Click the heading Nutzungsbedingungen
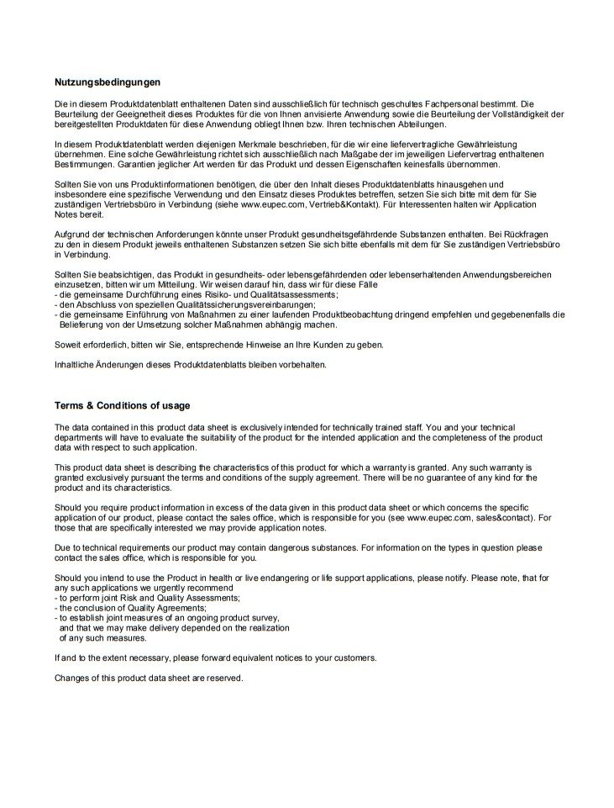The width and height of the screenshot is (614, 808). [x=107, y=82]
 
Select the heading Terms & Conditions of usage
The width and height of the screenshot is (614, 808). [x=123, y=405]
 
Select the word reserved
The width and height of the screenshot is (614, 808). [x=224, y=678]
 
